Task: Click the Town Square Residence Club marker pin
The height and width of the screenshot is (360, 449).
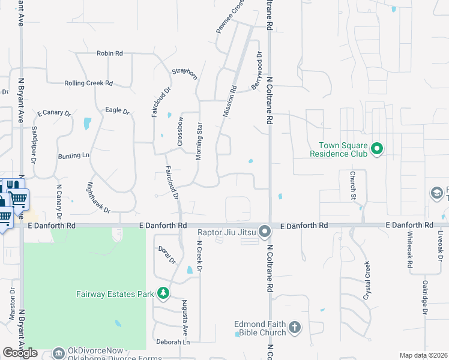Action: click(376, 148)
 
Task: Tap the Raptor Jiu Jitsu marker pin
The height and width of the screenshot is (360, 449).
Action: click(264, 231)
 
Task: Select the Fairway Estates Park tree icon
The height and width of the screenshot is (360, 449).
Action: click(163, 293)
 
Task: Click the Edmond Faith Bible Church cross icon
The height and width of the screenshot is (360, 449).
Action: click(294, 328)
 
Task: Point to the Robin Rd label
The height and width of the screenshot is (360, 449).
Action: click(110, 53)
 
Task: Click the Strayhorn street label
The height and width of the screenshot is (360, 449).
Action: click(185, 73)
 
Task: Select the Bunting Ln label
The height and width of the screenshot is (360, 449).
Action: click(73, 156)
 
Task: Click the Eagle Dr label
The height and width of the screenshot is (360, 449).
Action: click(117, 111)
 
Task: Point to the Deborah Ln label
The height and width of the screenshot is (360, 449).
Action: click(173, 343)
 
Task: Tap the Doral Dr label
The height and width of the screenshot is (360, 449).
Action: click(166, 256)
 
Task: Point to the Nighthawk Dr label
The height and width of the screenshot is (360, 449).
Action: click(99, 197)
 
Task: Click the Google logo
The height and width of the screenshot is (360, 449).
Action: click(20, 353)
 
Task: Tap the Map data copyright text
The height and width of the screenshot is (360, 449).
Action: click(423, 355)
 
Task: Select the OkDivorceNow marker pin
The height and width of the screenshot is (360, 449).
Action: click(58, 353)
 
